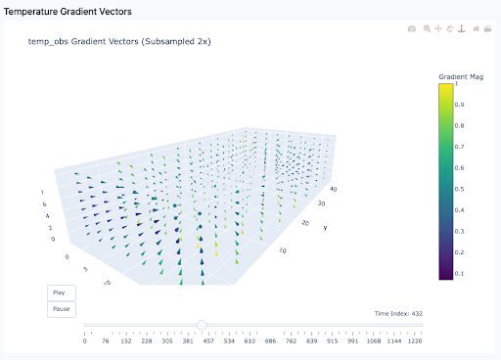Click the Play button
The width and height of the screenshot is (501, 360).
point(62,292)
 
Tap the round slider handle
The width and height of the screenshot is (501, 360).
point(202,325)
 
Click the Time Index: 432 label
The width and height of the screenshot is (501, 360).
point(398,314)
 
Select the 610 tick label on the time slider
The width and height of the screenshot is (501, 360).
point(250,341)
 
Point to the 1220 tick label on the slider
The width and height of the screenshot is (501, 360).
point(415,341)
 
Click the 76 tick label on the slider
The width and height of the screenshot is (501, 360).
point(106,341)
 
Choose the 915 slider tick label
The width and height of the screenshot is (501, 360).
point(333,341)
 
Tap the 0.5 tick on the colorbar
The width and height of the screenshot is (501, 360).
point(459,189)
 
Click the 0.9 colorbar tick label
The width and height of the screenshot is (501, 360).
point(459,105)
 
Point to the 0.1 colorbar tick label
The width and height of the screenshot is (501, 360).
point(459,274)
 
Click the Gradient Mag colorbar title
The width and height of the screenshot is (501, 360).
point(461,77)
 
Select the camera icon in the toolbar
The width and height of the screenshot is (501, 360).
point(412,29)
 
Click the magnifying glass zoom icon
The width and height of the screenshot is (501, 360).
point(427,28)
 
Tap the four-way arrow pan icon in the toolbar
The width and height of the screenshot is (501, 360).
point(438,28)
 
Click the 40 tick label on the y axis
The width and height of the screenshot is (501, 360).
point(334,189)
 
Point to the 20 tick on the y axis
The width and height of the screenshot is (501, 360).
point(305,223)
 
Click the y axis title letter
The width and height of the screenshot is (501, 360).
point(325,228)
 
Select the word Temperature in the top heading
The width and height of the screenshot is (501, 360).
point(30,12)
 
